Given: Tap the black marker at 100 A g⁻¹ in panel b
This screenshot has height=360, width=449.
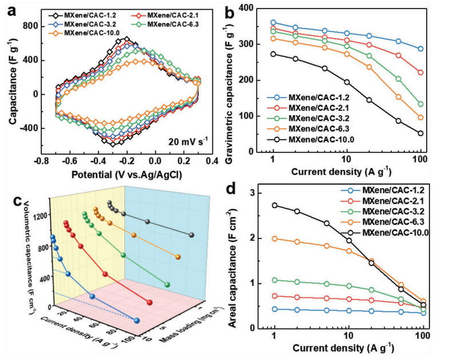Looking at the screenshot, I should [421, 134].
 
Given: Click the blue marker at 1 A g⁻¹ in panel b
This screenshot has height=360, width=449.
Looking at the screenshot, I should [274, 22].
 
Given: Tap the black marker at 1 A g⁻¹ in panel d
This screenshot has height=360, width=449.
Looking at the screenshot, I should [274, 205].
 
